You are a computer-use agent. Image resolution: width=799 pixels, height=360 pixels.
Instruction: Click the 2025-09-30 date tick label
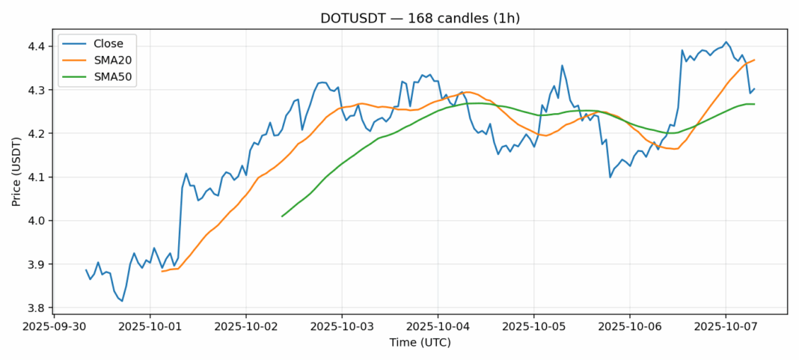coord(55,327)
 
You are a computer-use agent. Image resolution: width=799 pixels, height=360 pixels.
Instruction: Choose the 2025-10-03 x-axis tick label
coord(342,327)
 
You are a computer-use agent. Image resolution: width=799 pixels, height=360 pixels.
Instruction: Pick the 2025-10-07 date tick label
coord(725,327)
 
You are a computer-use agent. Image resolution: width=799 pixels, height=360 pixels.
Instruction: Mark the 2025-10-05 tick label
coord(533,327)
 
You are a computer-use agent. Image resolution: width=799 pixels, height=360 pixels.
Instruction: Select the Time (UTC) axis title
coord(420,343)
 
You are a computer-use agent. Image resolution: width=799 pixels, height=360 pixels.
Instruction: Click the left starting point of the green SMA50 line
coord(282,216)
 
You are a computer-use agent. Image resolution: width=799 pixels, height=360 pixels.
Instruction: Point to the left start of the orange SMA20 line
coord(162,271)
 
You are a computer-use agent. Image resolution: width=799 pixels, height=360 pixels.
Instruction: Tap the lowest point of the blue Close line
coord(122,301)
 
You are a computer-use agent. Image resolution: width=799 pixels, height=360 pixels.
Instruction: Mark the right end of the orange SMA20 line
coord(754,60)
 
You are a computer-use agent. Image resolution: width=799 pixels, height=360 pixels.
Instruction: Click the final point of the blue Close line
coord(754,89)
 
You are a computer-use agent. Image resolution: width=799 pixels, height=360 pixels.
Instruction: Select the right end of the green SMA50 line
coord(754,104)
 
